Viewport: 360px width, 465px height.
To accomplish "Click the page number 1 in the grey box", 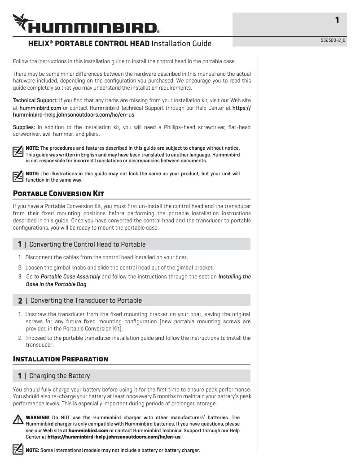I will (337, 20).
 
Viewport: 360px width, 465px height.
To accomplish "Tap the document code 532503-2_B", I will (333, 40).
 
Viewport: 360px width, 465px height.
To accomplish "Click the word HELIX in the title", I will (40, 44).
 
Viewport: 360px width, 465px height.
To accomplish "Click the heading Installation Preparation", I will (61, 359).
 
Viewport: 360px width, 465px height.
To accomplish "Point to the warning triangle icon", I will (18, 420).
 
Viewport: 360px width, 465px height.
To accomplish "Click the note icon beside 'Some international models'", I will (18, 449).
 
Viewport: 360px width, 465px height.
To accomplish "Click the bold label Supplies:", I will (24, 127).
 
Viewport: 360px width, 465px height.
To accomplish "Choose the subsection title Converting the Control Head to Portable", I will (87, 244).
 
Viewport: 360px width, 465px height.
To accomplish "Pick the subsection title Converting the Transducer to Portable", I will (86, 300).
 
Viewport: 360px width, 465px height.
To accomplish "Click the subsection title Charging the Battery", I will (59, 376).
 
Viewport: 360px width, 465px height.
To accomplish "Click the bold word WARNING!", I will (38, 417).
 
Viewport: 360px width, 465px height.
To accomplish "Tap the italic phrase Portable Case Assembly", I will (70, 277).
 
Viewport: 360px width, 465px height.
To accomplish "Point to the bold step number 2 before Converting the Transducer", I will (20, 300).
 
